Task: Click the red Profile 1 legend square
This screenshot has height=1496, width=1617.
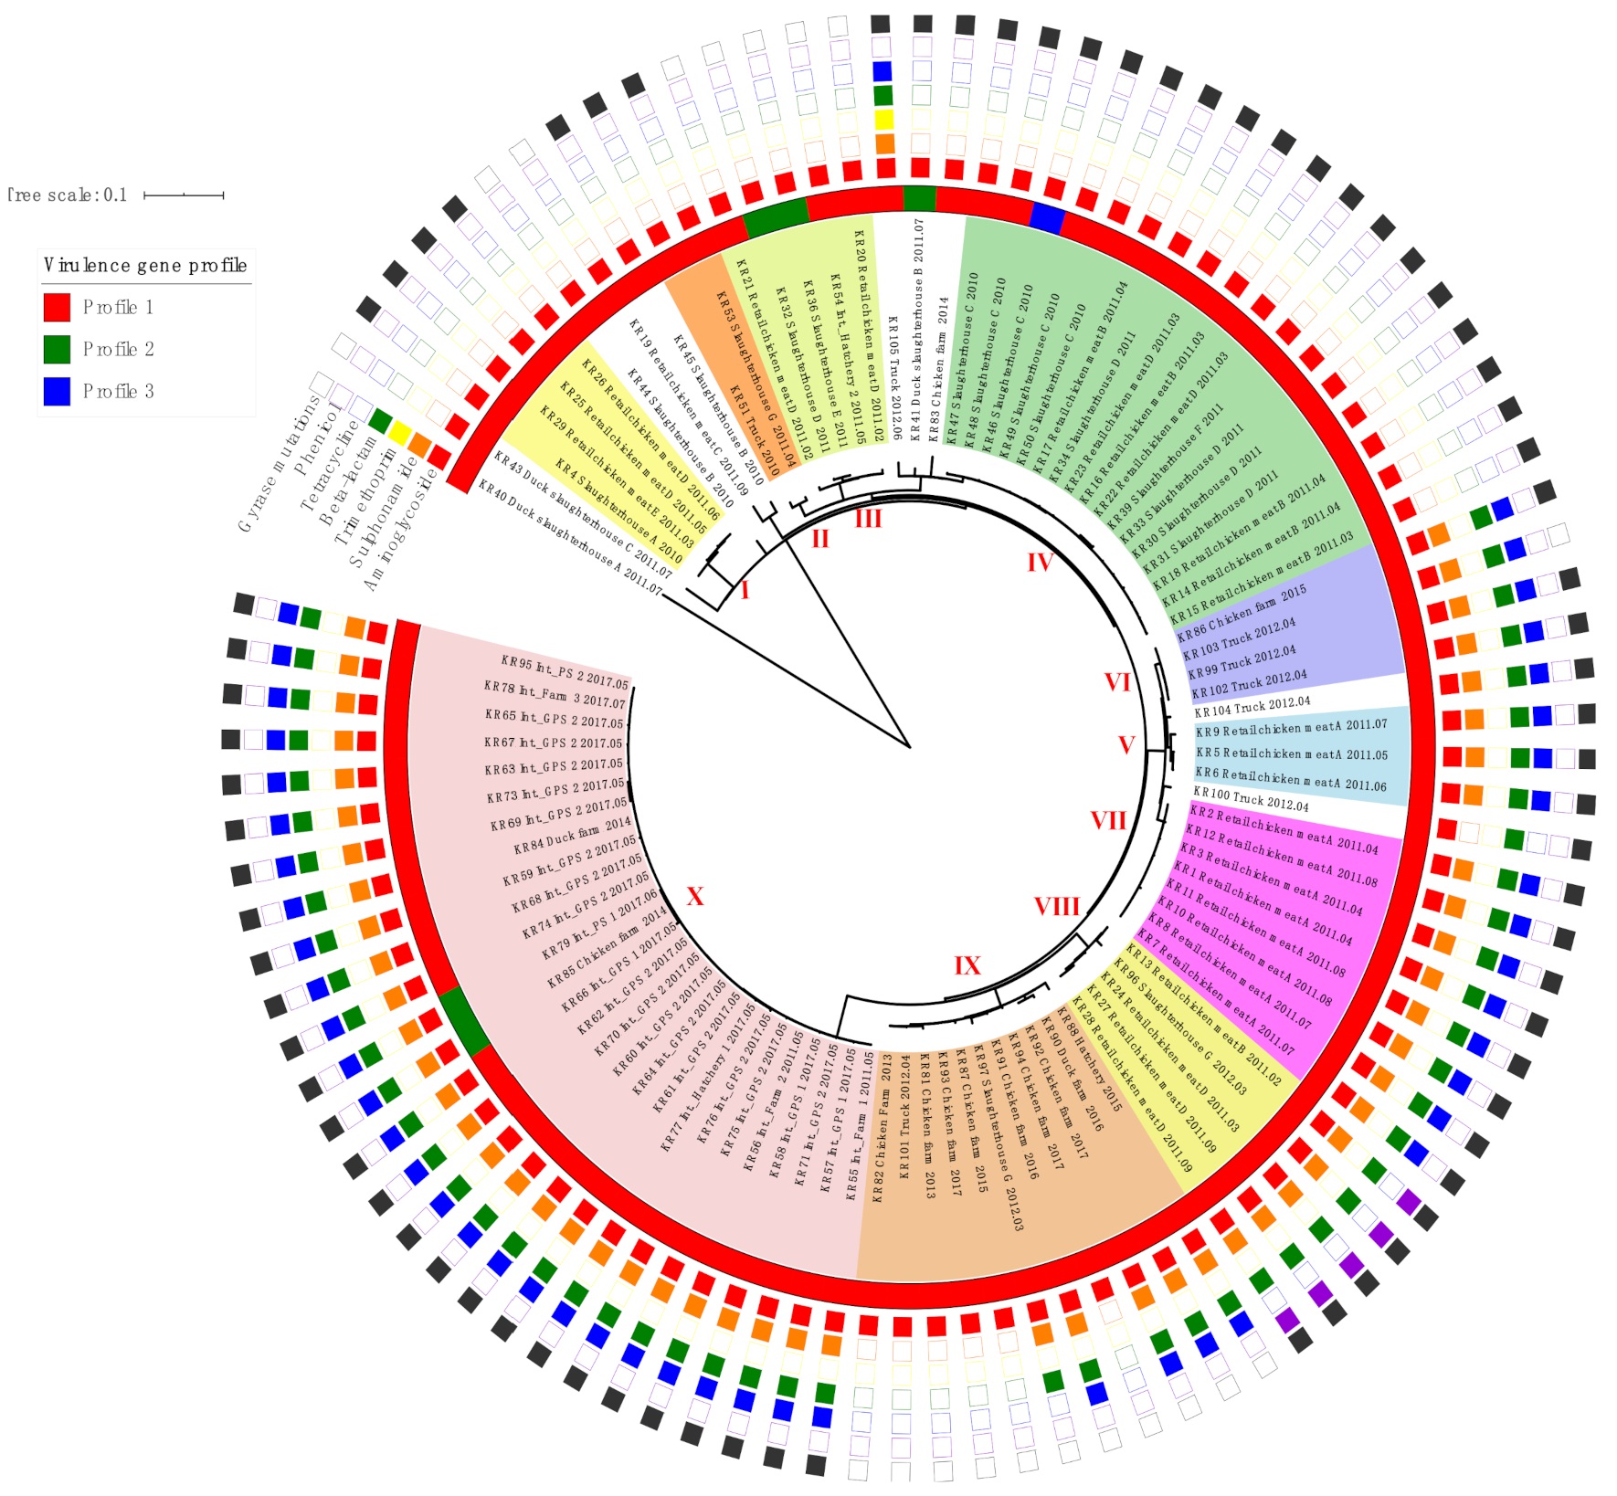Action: pyautogui.click(x=57, y=307)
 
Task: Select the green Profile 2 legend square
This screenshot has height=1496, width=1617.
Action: pyautogui.click(x=57, y=349)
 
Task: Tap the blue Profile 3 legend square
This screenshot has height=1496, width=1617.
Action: pyautogui.click(x=57, y=391)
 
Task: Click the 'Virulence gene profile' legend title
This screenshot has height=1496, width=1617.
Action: pyautogui.click(x=145, y=266)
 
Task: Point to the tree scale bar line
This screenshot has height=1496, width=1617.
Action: pyautogui.click(x=184, y=195)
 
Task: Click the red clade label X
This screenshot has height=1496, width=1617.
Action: pyautogui.click(x=695, y=897)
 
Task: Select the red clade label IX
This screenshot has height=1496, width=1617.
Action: pyautogui.click(x=967, y=966)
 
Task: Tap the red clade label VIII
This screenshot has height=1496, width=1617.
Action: pyautogui.click(x=1056, y=907)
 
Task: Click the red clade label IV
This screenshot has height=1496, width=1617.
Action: pyautogui.click(x=1040, y=563)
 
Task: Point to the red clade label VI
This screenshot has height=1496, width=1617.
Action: pyautogui.click(x=1117, y=682)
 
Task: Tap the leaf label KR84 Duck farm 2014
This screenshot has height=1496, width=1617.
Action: pyautogui.click(x=573, y=835)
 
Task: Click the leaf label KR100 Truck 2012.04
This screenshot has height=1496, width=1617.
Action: pyautogui.click(x=1250, y=799)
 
